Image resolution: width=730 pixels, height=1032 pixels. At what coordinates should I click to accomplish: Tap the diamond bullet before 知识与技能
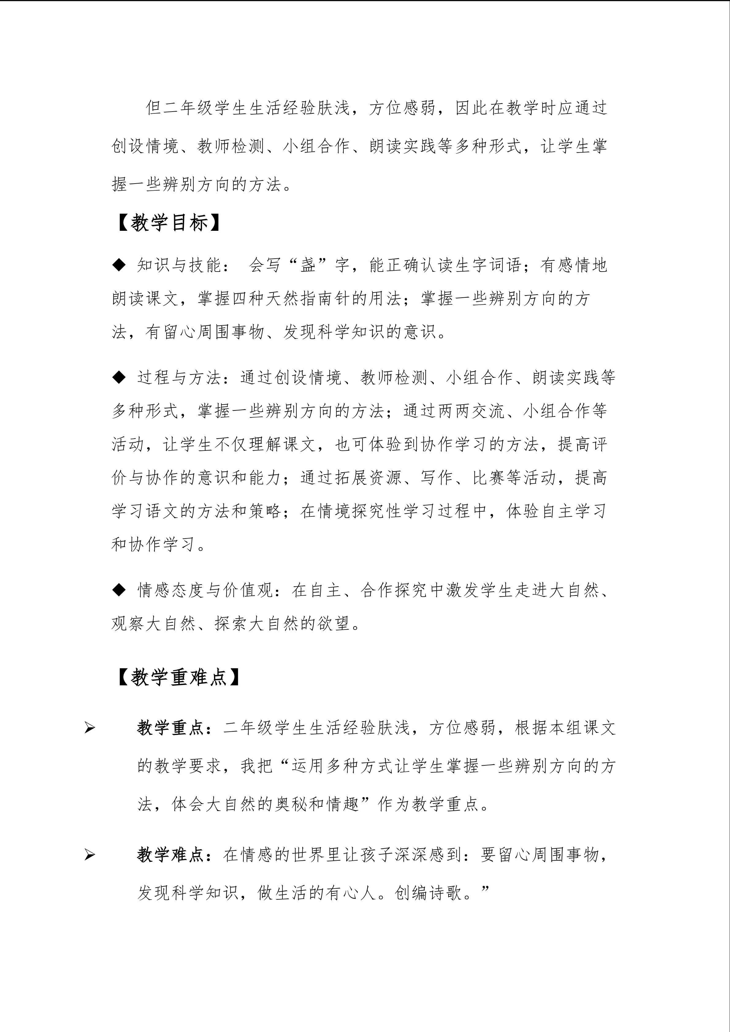[x=119, y=265]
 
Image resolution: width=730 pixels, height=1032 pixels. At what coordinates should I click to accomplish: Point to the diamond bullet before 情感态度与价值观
[x=119, y=590]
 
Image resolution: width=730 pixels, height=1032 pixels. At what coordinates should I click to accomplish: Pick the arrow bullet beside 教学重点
[x=90, y=728]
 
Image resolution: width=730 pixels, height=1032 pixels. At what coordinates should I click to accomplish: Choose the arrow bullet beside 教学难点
[x=90, y=855]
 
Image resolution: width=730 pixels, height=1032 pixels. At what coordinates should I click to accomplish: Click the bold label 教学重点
[x=170, y=728]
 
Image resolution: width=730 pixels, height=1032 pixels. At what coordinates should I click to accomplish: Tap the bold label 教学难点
[x=170, y=855]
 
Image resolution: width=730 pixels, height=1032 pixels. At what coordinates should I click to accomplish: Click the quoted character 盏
[x=308, y=265]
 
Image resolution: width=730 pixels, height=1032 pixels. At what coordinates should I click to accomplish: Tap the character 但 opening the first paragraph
[x=153, y=108]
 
